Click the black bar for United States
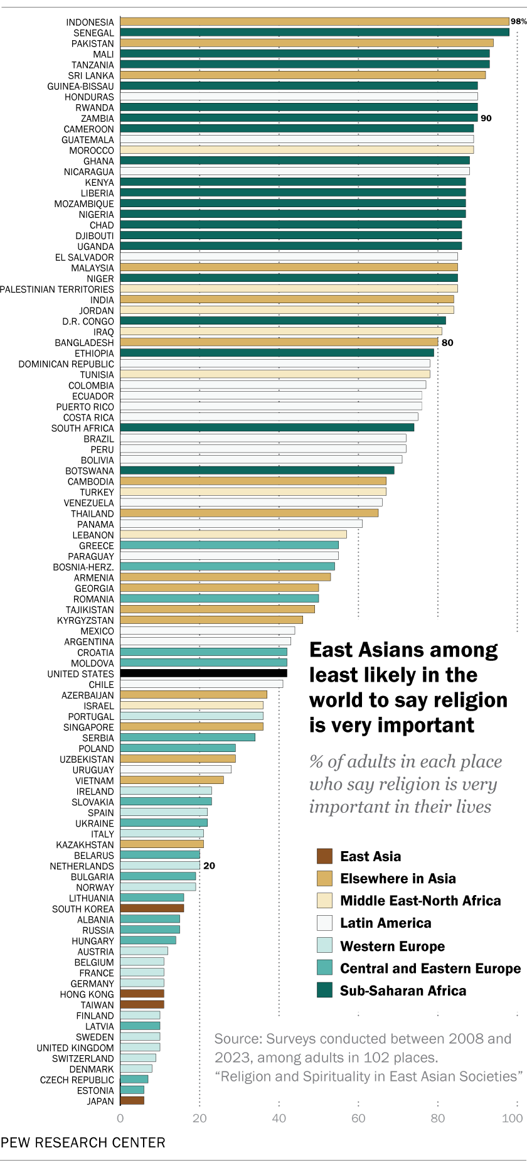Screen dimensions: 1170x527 coord(203,674)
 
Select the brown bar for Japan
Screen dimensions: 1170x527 coord(132,1100)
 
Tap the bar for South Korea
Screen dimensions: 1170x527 coord(152,908)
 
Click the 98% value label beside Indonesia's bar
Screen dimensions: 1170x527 coord(518,21)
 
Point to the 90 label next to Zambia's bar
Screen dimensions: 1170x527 coord(486,118)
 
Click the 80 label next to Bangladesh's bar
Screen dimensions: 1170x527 coord(447,343)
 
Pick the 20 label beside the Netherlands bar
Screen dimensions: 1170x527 coord(210,866)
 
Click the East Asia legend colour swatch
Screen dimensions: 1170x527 coord(324,856)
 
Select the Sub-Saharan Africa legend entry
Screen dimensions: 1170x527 coord(403,990)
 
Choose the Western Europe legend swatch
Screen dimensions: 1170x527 coord(324,945)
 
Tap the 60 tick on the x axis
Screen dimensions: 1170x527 coord(358,1118)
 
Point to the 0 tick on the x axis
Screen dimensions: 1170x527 coord(120,1118)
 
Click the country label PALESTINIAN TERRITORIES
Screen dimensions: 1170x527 coord(57,289)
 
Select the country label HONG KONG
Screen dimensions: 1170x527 coord(87,994)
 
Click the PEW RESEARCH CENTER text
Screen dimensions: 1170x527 coord(83,1142)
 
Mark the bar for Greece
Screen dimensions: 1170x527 coord(229,545)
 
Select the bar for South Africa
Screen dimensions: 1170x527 coord(267,428)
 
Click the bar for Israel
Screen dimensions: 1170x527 coord(191,706)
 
